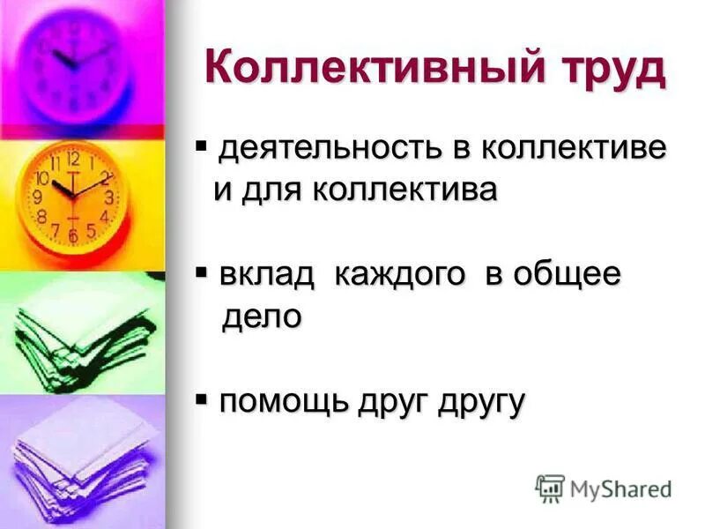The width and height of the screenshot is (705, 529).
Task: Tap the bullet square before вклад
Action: click(201, 270)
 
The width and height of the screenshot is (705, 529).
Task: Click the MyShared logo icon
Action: click(550, 488)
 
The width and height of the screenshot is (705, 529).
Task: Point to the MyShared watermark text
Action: click(620, 488)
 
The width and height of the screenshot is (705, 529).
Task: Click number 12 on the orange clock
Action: click(73, 160)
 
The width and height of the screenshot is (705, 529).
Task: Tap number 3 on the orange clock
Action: click(109, 197)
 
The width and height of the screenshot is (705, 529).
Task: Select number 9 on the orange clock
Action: click(39, 196)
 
